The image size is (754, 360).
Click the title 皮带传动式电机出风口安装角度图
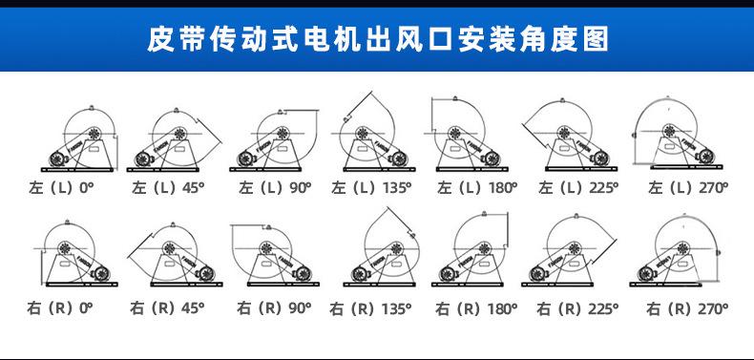coord(378,39)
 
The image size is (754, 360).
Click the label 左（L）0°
coord(61,188)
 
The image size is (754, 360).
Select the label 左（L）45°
coord(168,188)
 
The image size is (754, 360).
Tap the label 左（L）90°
coord(275,188)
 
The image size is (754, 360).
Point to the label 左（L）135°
coord(371,188)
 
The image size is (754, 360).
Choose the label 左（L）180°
coord(477,188)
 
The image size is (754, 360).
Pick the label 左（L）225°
coord(578,188)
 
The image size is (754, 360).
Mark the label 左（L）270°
coord(688,188)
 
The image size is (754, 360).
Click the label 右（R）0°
coord(60,308)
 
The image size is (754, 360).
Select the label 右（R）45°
coord(167,308)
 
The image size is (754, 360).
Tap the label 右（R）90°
coord(274,308)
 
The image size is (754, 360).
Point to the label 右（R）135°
coord(370,308)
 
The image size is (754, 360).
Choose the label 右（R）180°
coord(476,308)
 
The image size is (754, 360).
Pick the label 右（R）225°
coord(577,308)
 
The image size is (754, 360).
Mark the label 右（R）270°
coord(687,308)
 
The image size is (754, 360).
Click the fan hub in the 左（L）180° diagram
coord(454,134)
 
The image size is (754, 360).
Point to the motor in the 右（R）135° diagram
coord(359,274)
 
